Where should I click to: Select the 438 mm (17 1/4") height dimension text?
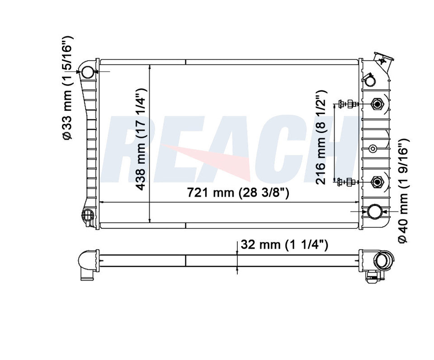tap(141, 140)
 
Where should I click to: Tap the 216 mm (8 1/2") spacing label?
tap(321, 137)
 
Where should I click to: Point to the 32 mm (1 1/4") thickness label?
tap(284, 245)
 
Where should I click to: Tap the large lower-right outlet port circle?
tap(375, 212)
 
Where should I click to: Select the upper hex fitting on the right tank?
tap(377, 104)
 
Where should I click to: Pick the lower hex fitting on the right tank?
tap(377, 182)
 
